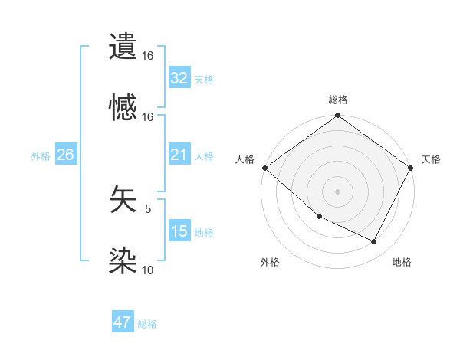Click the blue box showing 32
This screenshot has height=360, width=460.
tap(179, 77)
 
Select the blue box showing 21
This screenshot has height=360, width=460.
tap(179, 155)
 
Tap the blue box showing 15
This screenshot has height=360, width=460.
tap(179, 231)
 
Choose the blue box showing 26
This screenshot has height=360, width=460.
tap(66, 155)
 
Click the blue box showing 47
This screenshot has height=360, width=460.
tap(123, 322)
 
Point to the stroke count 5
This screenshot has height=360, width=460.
tap(148, 208)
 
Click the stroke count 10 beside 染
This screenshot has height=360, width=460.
tap(147, 270)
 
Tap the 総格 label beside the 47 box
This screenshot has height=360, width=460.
tap(147, 324)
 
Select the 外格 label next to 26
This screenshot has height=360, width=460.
tap(41, 156)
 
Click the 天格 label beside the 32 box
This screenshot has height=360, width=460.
tap(204, 79)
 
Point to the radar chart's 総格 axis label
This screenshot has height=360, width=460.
tap(338, 100)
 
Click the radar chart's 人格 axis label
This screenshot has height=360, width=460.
tap(245, 159)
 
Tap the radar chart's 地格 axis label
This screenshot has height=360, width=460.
tap(402, 262)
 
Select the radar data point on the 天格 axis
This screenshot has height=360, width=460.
tap(411, 168)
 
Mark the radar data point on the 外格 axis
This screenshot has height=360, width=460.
tap(319, 217)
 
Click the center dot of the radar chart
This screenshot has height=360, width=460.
tap(338, 191)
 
